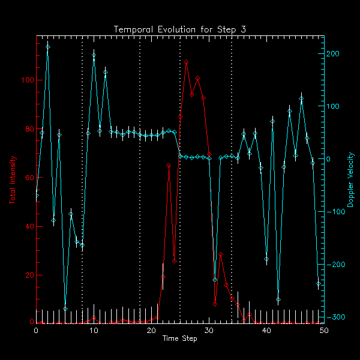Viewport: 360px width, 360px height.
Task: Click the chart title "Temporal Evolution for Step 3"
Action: pos(180,29)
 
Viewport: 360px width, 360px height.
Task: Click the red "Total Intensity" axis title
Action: pos(13,179)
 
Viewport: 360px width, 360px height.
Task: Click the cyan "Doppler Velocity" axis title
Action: pos(350,179)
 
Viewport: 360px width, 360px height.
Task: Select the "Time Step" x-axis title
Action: pos(180,339)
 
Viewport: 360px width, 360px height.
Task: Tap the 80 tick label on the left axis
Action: pos(27,129)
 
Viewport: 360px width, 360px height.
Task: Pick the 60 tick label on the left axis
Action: pos(27,178)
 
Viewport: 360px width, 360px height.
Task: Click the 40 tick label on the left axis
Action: pos(27,226)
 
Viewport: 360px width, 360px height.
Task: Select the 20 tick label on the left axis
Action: pos(27,275)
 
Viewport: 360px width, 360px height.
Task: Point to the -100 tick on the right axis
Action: pos(335,212)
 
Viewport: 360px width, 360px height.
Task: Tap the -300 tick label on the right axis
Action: pos(335,317)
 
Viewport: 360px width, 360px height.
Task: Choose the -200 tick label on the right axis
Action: pos(335,265)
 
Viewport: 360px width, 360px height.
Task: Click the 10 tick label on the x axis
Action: pos(94,331)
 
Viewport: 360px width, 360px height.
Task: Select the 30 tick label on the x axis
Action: pos(209,331)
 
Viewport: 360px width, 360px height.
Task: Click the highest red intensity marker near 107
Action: pos(186,62)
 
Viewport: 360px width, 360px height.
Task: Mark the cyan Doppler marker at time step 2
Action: pos(47,46)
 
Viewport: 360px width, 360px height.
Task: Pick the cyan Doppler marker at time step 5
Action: pos(65,309)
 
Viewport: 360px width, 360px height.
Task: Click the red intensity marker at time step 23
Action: pos(169,165)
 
